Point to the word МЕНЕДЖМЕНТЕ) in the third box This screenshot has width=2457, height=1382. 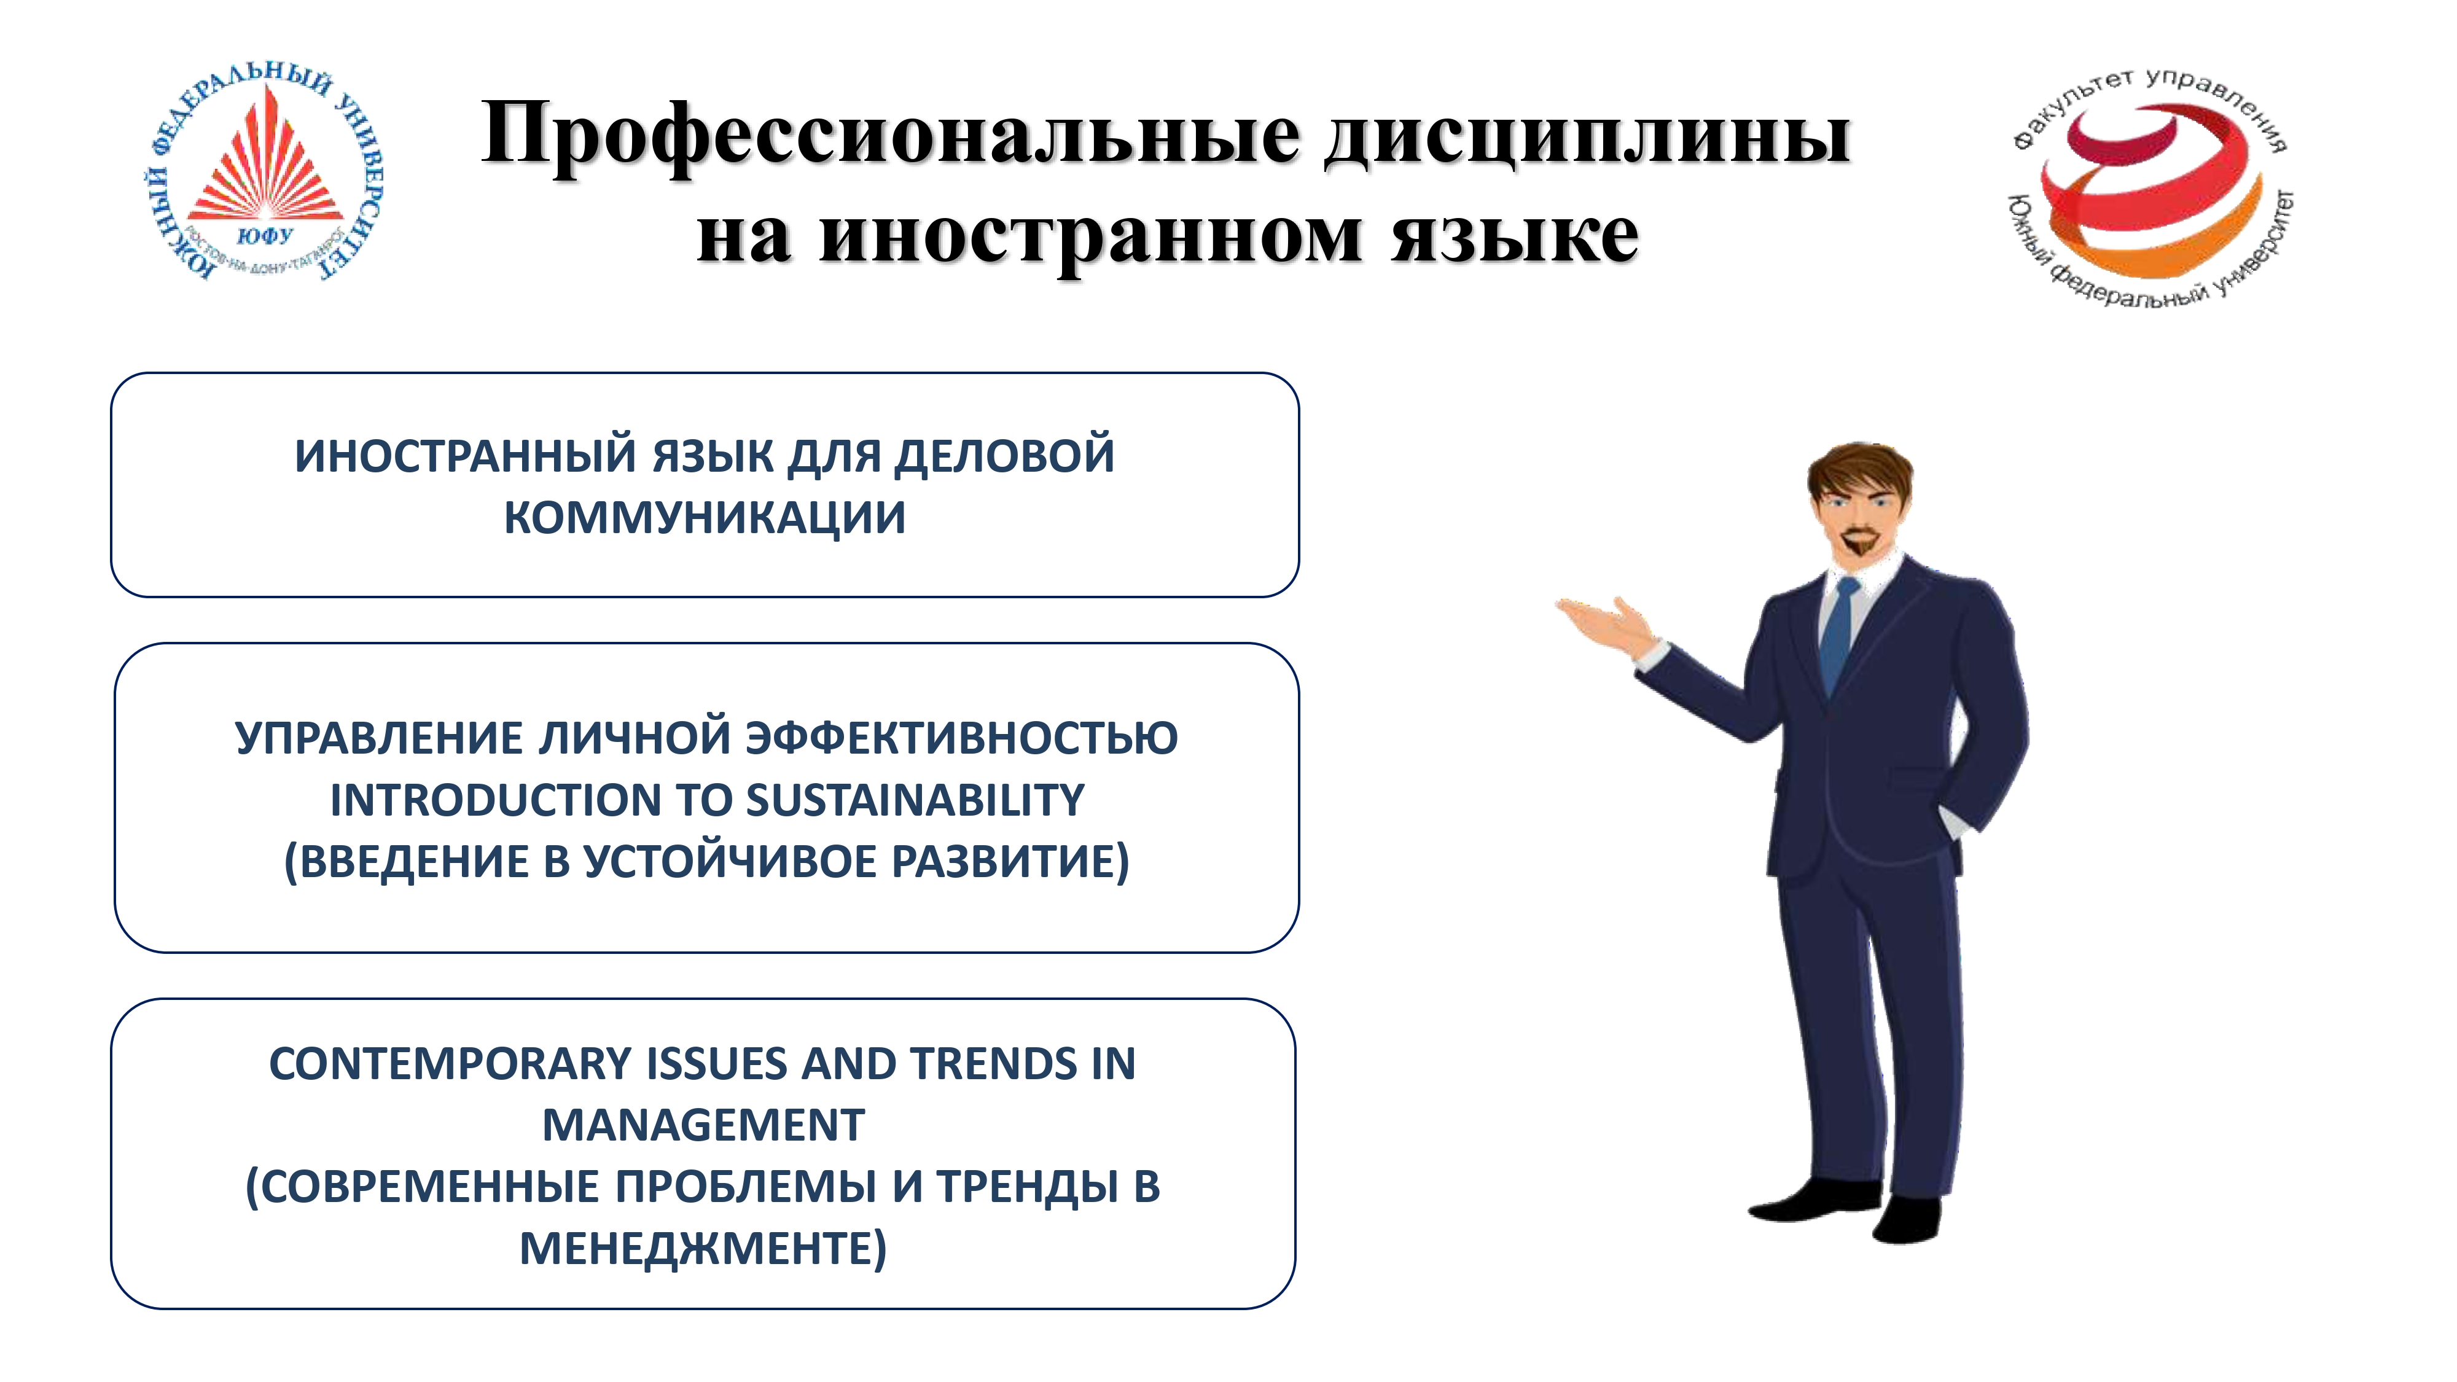point(703,1249)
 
